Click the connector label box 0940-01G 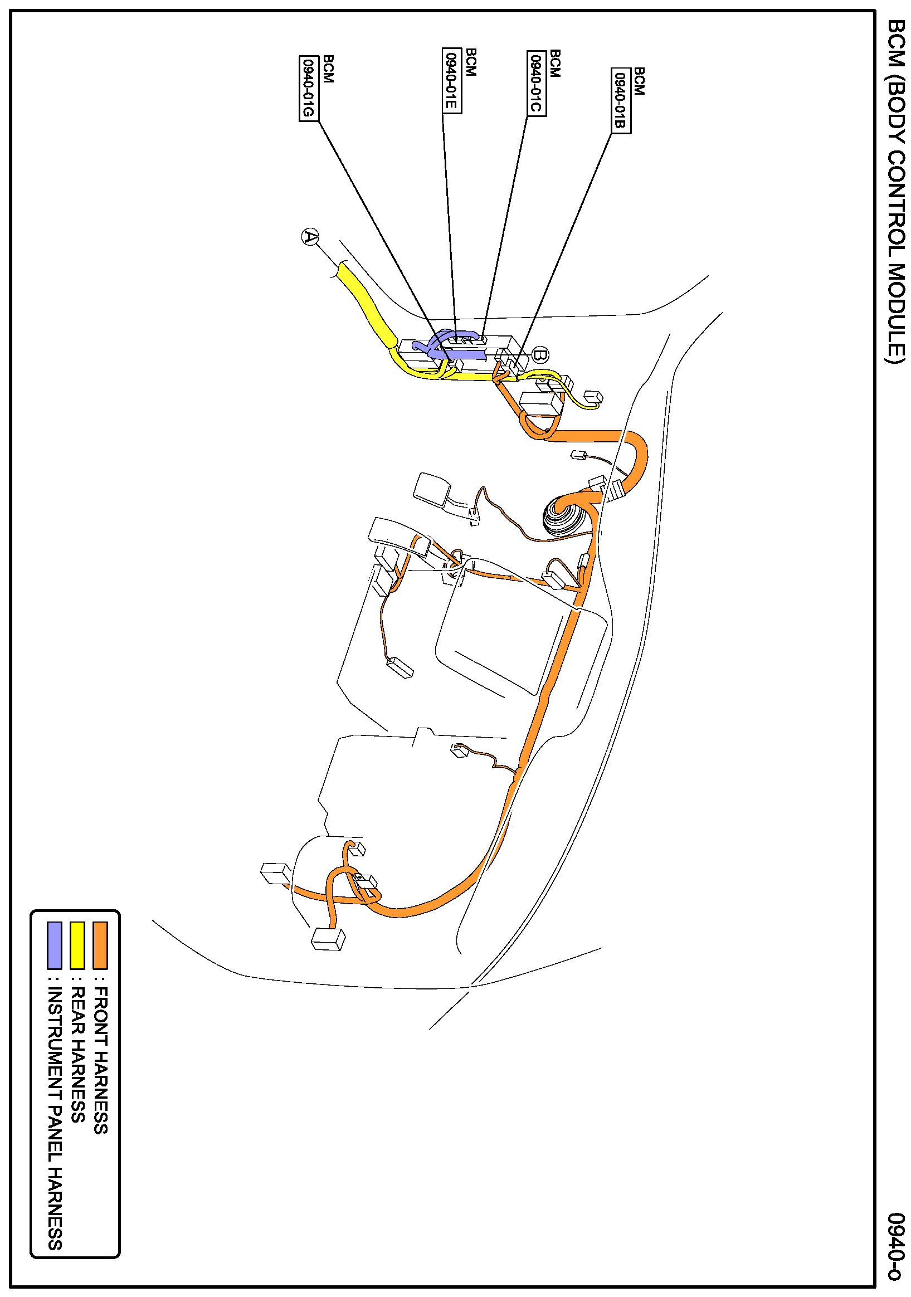308,88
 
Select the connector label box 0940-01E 451,80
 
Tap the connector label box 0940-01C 537,83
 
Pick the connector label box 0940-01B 621,100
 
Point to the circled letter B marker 540,355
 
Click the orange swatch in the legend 100,945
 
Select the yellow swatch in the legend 77,945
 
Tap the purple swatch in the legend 54,945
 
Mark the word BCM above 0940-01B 639,81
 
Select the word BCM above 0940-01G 328,69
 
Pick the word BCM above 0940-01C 555,64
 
